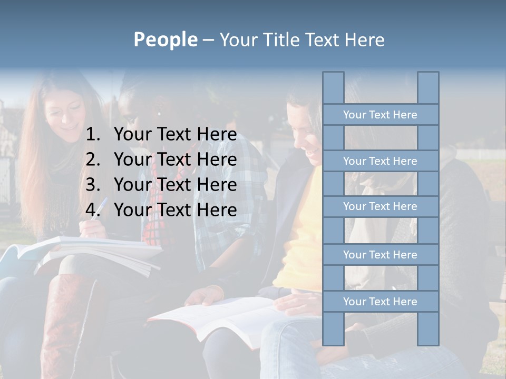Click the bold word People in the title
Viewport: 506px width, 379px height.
point(165,39)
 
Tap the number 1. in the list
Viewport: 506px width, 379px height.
point(93,135)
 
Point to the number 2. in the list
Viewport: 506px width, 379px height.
point(93,159)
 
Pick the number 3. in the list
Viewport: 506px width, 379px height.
point(93,185)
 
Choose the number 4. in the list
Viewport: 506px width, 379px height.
point(93,210)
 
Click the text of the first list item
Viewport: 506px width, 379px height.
point(175,135)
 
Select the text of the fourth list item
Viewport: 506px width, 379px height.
point(175,210)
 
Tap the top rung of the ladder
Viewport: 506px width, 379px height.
point(380,115)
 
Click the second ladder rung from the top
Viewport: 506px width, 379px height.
point(380,161)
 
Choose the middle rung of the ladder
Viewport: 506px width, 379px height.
point(380,206)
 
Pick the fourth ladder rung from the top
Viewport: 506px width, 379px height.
point(380,255)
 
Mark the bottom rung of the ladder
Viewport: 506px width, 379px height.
point(380,302)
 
